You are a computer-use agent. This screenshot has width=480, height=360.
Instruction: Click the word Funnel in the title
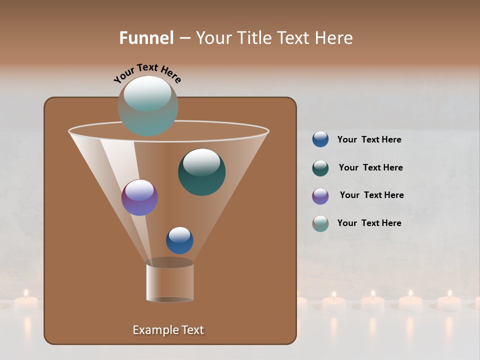146,38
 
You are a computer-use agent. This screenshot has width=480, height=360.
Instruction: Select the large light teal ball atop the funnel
147,105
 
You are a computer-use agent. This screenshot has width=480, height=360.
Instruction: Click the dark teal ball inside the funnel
201,172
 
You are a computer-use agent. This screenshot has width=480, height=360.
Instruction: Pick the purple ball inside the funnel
139,197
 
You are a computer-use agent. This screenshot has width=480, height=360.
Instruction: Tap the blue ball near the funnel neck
179,240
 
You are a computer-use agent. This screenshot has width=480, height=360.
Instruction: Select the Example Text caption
168,330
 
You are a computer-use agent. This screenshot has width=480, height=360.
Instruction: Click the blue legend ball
320,139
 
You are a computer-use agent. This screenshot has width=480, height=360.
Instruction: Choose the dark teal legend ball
320,168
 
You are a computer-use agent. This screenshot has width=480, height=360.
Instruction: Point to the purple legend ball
320,195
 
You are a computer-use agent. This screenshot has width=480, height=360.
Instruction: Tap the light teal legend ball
320,223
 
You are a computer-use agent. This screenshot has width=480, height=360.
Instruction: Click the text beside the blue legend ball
369,139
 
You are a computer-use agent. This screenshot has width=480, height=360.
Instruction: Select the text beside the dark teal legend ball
370,167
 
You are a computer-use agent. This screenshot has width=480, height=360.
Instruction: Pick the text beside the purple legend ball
371,195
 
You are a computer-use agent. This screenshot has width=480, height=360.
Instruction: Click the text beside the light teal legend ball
369,223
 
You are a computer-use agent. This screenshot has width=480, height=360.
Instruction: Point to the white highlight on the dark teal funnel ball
201,162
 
